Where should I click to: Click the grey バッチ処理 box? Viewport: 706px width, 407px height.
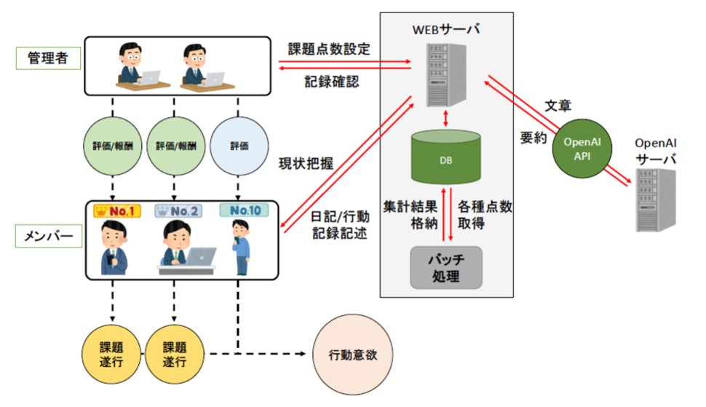click(x=446, y=267)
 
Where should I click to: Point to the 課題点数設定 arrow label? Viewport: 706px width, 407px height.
click(x=330, y=50)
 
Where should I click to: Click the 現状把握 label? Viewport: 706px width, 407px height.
click(x=306, y=164)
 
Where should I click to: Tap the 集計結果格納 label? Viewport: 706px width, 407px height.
click(x=411, y=214)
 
